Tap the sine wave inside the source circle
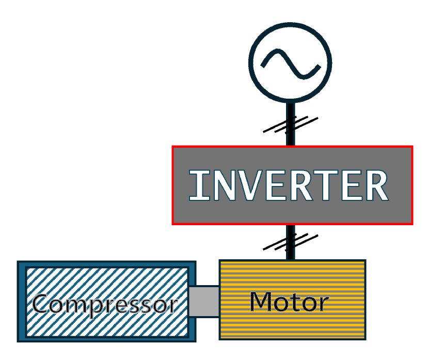point(290,62)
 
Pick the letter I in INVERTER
point(195,185)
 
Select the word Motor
point(289,302)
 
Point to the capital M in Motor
point(262,302)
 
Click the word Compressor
point(104,304)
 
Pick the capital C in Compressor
point(42,304)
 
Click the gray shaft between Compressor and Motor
point(203,301)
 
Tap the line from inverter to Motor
point(290,253)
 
